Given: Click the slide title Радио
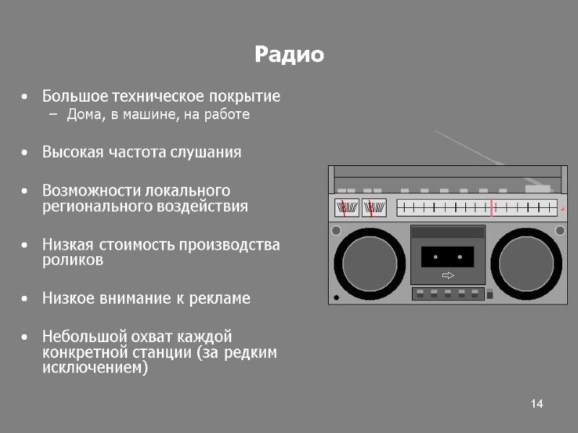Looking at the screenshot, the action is (x=289, y=55).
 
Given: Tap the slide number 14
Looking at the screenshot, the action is (x=536, y=403).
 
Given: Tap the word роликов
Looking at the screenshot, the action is (x=72, y=261).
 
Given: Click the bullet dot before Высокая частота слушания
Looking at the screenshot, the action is (x=26, y=153).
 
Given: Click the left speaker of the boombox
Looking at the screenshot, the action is (x=369, y=263).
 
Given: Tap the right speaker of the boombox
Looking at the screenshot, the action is (x=527, y=263).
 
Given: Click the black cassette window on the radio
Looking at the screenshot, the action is (x=447, y=256).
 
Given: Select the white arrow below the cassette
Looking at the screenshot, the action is (x=448, y=276).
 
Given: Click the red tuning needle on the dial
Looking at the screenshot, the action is (x=491, y=208).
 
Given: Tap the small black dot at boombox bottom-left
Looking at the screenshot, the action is (x=336, y=297).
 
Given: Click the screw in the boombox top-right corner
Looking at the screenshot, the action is (x=559, y=230).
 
